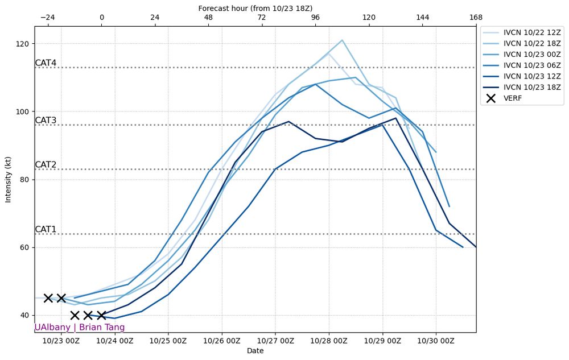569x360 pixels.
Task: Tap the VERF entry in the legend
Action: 513,98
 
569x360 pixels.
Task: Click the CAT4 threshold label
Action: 46,63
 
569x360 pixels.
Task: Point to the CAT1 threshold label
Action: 46,229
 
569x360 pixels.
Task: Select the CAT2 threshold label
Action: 46,165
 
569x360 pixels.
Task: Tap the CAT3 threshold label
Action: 46,121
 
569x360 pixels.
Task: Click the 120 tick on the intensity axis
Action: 24,44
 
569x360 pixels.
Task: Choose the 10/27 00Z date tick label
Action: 275,341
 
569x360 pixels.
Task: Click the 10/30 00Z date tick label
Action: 436,341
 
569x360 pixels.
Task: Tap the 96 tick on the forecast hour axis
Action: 315,18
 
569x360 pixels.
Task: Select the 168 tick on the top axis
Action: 476,18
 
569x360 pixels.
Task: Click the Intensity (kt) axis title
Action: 8,179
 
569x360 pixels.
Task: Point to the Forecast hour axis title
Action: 255,8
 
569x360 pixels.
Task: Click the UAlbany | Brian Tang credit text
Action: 79,328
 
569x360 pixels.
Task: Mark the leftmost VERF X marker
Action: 48,298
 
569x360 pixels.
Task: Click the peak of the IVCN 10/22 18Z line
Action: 342,40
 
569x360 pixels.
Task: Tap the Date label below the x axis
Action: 255,351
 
